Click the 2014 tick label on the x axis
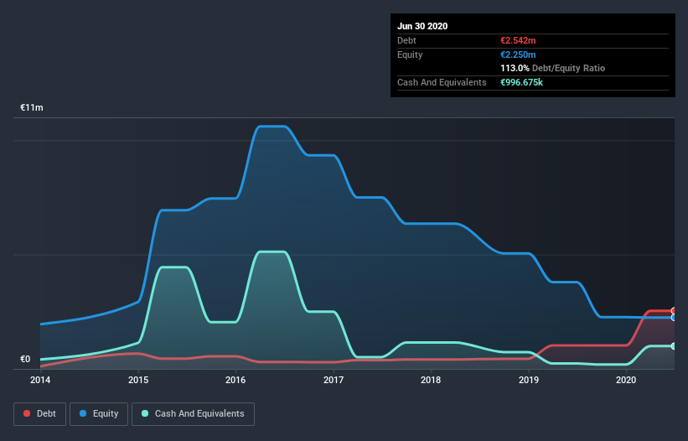point(40,380)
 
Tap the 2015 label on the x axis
point(138,380)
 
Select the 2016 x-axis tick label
point(236,380)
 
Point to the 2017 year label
point(334,380)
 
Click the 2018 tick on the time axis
point(431,380)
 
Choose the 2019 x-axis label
point(529,380)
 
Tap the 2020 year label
point(626,380)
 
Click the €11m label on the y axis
point(32,108)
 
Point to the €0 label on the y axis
point(25,360)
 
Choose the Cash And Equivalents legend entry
point(193,413)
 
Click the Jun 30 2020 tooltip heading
point(422,26)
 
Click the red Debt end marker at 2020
point(674,311)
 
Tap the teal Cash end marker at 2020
point(674,346)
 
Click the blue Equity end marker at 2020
point(674,318)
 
